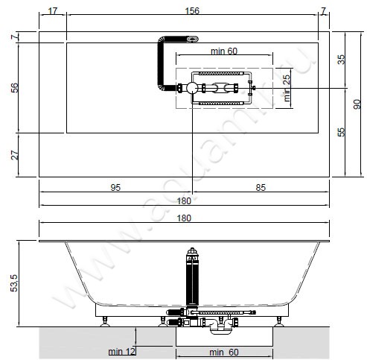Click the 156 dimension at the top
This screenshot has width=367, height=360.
tap(192, 10)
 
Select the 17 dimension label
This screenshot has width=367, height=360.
tap(53, 11)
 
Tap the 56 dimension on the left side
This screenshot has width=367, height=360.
tap(15, 88)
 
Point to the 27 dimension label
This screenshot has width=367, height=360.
tap(15, 155)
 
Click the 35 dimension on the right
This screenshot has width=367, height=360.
tap(342, 60)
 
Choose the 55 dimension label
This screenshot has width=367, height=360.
tap(342, 132)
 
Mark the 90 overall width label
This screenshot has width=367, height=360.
tap(357, 104)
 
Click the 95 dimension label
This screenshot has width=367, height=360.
tap(115, 187)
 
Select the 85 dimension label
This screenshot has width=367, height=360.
tap(261, 187)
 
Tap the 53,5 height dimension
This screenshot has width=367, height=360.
tap(14, 283)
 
